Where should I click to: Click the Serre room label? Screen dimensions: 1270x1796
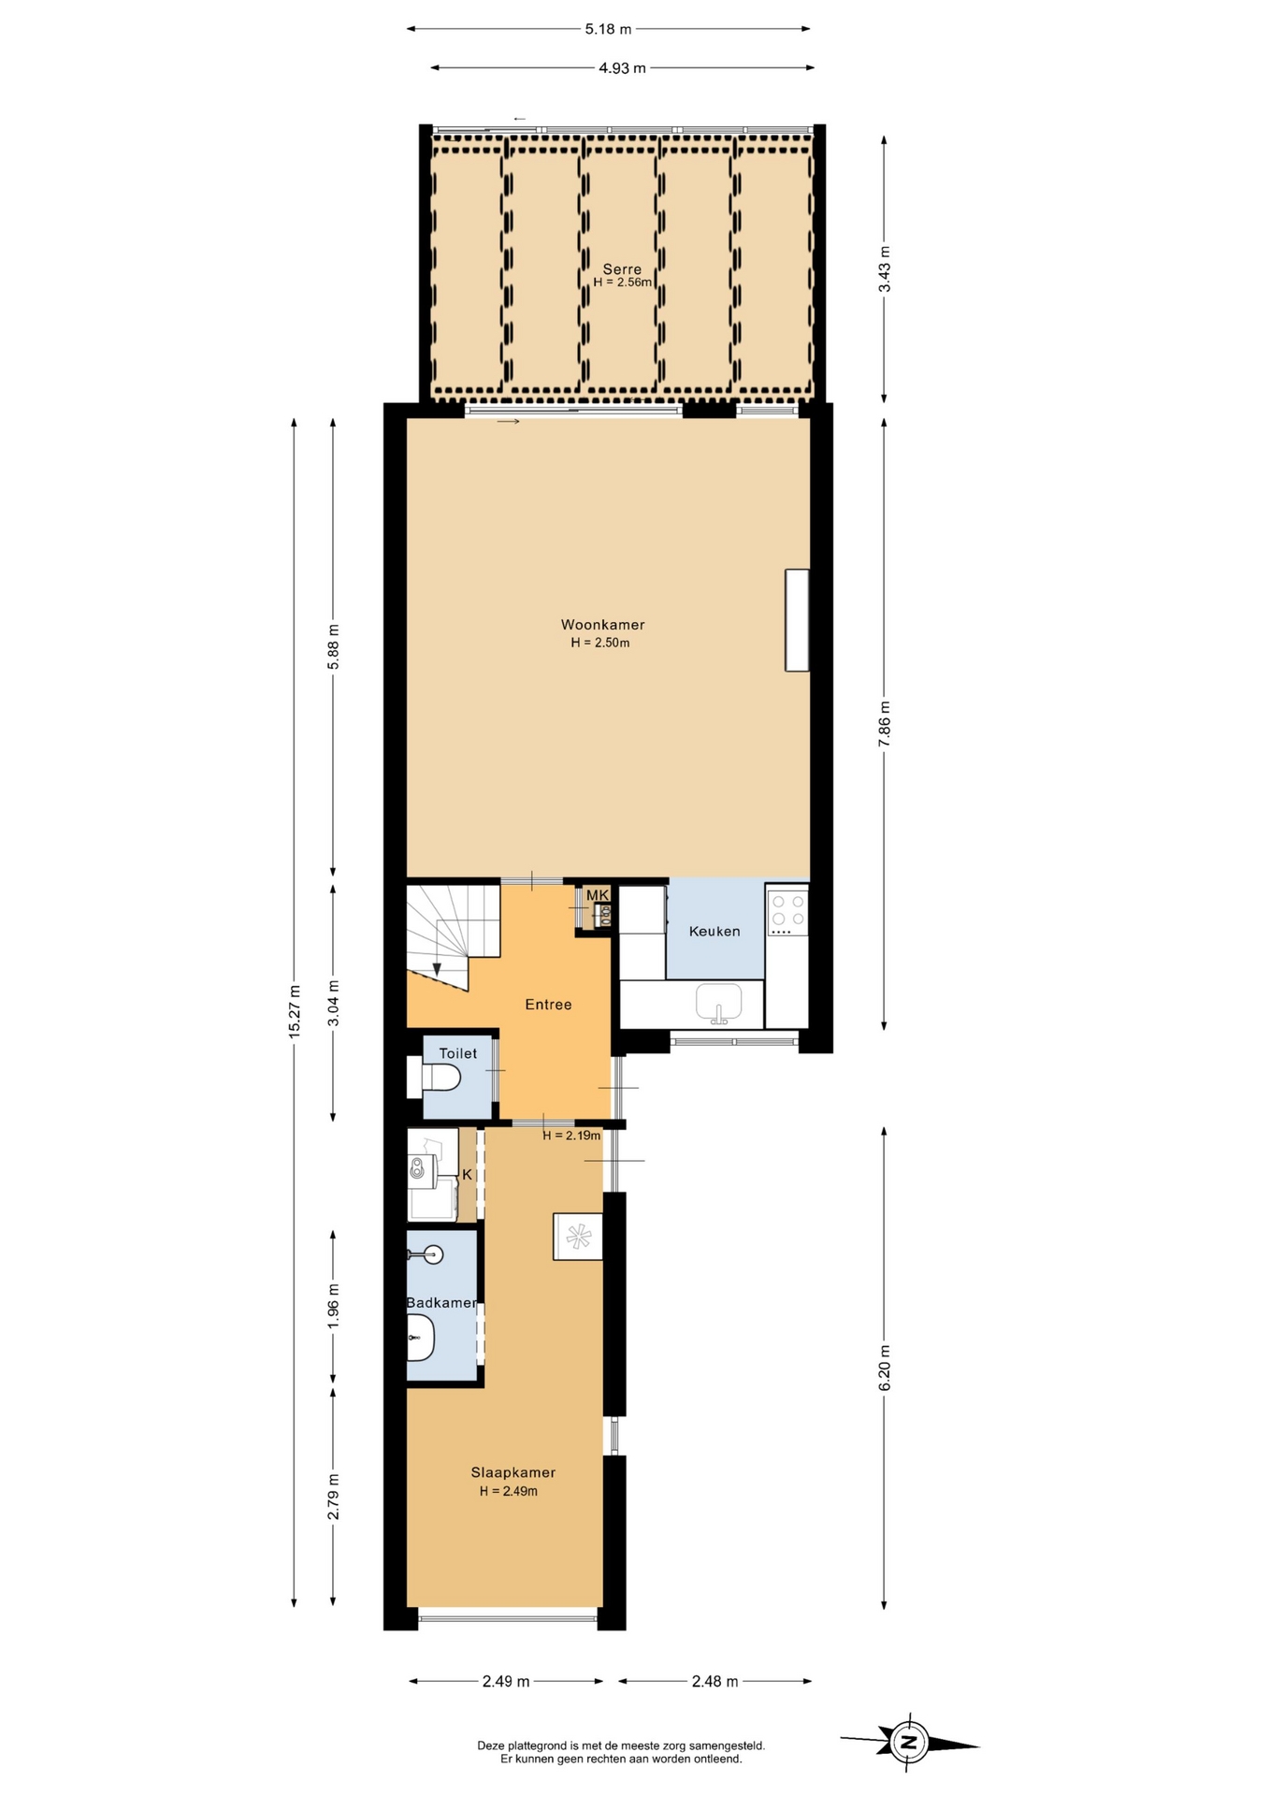click(622, 269)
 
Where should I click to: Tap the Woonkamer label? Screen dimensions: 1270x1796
click(602, 625)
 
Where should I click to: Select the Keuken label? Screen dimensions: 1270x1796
click(714, 932)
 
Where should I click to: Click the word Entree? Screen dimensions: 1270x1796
click(548, 1005)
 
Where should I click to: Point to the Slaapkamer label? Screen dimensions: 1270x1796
click(513, 1472)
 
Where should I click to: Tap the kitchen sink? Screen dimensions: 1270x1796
click(718, 1002)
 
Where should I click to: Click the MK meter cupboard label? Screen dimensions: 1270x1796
click(598, 895)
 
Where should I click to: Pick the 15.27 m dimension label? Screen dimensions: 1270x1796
click(295, 1011)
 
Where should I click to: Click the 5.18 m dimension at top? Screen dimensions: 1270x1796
click(608, 29)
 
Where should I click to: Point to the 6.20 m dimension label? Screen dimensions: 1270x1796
click(885, 1368)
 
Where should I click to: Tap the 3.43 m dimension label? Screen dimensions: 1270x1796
click(885, 268)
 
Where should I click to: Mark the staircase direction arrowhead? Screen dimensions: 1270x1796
click(436, 968)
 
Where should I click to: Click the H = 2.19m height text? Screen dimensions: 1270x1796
click(571, 1136)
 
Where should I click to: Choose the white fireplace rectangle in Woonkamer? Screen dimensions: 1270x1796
click(797, 620)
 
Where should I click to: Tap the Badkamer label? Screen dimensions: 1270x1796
click(441, 1303)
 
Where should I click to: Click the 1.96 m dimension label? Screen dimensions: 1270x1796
click(334, 1305)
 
